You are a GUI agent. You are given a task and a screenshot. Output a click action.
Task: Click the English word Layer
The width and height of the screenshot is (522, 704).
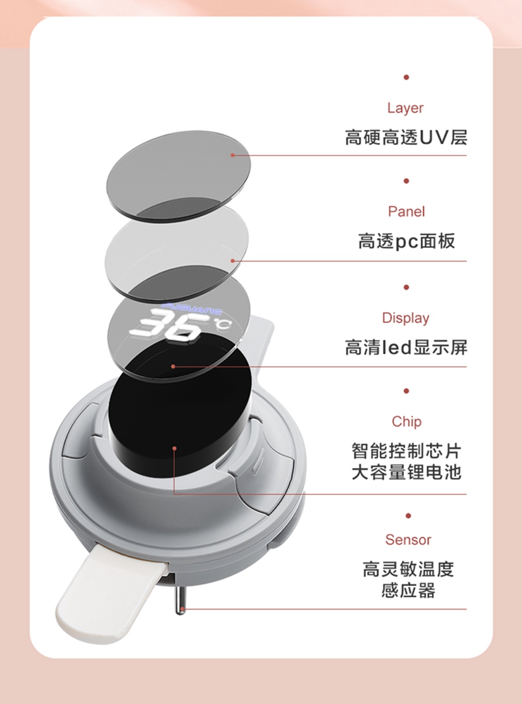coord(405,108)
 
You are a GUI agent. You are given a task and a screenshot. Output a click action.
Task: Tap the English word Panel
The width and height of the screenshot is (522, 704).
coord(406,211)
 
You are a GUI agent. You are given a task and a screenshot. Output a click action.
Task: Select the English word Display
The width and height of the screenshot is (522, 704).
coord(406,318)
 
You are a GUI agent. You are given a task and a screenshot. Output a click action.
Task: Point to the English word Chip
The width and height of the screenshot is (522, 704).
coord(407,421)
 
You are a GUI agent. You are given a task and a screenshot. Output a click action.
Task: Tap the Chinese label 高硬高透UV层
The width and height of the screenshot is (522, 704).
coord(406,138)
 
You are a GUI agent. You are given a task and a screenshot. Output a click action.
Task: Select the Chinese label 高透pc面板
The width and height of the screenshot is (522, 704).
coord(406,241)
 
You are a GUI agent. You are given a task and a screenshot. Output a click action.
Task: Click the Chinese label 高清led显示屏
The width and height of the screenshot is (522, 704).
coord(406,347)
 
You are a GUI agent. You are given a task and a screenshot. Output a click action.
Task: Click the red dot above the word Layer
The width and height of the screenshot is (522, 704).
coord(406,77)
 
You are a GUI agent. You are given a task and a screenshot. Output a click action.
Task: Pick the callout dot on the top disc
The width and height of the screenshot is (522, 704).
coord(232,155)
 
